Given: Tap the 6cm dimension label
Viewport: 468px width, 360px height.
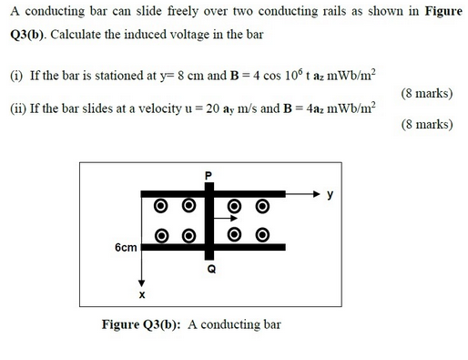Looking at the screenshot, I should pyautogui.click(x=127, y=248).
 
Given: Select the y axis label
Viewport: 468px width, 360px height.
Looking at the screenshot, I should pyautogui.click(x=331, y=194).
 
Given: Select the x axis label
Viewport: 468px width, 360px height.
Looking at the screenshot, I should pyautogui.click(x=142, y=295).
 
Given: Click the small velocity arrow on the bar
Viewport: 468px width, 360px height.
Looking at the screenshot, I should pyautogui.click(x=228, y=219).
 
